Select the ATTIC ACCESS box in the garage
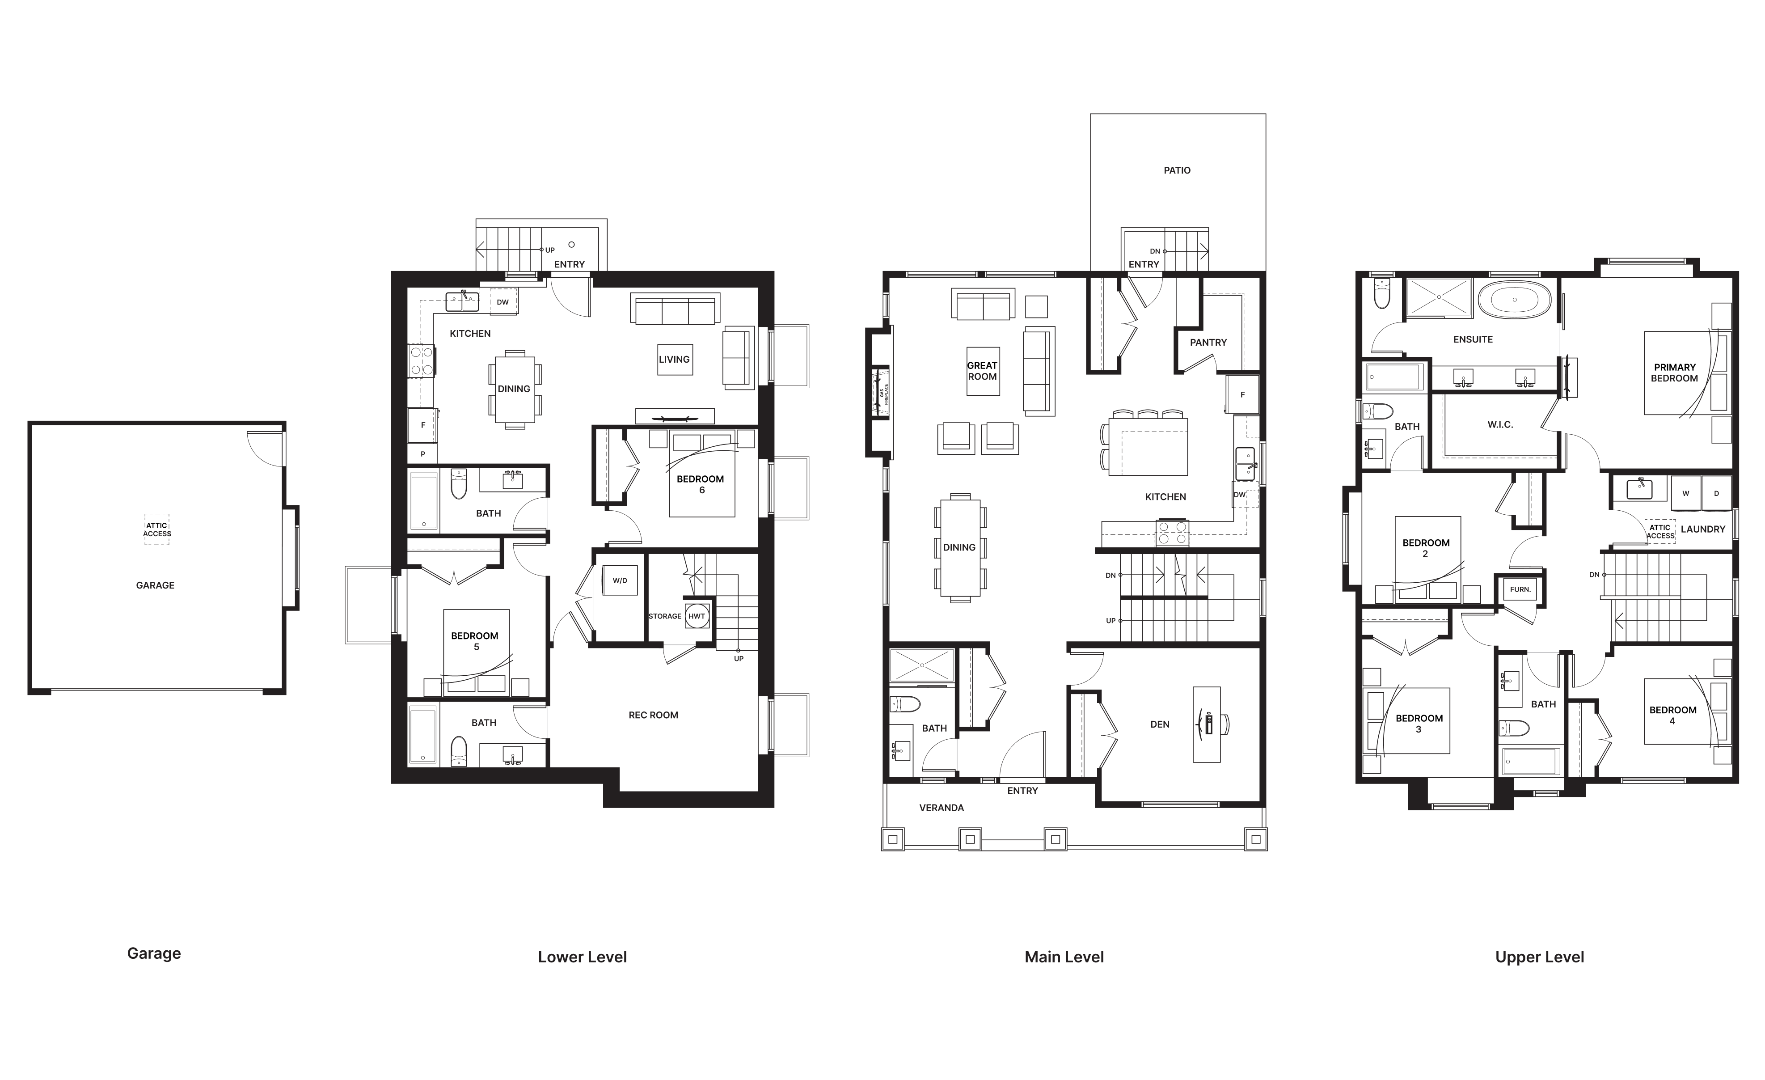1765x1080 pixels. click(x=157, y=529)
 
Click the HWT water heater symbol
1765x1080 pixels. click(x=696, y=616)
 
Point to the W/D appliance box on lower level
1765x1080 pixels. click(x=620, y=580)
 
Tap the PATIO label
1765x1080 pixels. click(x=1177, y=170)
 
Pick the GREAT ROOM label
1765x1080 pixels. click(x=982, y=371)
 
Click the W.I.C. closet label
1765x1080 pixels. click(x=1500, y=425)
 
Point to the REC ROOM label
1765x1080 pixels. click(x=653, y=715)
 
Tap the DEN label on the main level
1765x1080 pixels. click(x=1160, y=724)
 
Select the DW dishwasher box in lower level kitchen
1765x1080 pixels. click(x=503, y=302)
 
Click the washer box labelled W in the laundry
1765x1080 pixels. click(x=1685, y=493)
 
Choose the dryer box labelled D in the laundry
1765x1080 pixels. click(x=1716, y=493)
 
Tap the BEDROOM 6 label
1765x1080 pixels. click(x=701, y=484)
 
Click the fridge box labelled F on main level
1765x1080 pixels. click(x=1242, y=394)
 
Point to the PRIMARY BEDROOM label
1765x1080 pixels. click(x=1674, y=373)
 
